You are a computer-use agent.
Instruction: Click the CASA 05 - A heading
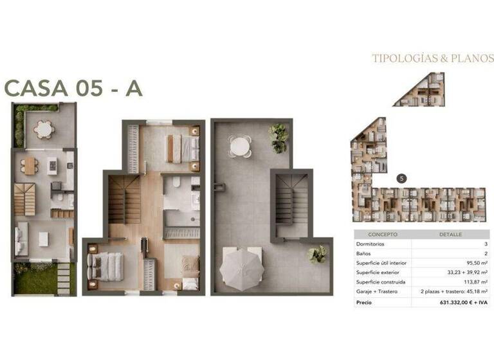(73, 88)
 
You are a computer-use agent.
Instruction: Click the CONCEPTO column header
(382, 235)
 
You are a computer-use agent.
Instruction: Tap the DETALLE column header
(450, 235)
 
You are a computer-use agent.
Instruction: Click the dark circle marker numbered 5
(402, 178)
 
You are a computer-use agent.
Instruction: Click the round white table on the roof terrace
(241, 147)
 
